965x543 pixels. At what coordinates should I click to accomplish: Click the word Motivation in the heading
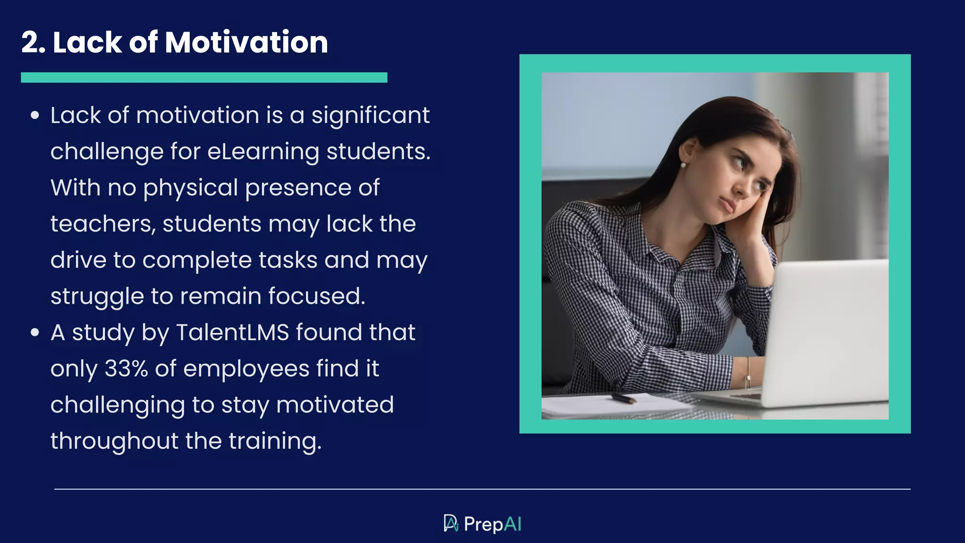(246, 42)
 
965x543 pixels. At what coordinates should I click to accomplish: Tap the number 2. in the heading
(33, 42)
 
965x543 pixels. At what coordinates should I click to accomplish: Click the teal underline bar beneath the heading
(204, 78)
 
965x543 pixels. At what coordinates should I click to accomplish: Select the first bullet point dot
(34, 115)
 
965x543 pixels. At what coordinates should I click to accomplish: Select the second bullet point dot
(34, 332)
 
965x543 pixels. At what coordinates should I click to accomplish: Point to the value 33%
(126, 369)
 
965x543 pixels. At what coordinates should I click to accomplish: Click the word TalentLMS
(232, 332)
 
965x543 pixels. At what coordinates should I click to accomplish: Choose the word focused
(317, 296)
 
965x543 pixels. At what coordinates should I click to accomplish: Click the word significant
(370, 116)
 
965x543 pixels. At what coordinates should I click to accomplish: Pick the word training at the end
(275, 442)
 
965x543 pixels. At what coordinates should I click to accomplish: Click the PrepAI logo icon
(450, 523)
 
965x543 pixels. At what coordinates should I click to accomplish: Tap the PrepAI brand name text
(492, 524)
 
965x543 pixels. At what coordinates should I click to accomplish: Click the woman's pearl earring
(683, 165)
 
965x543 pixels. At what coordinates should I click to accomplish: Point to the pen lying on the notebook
(623, 399)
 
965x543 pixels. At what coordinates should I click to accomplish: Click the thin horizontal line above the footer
(482, 489)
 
